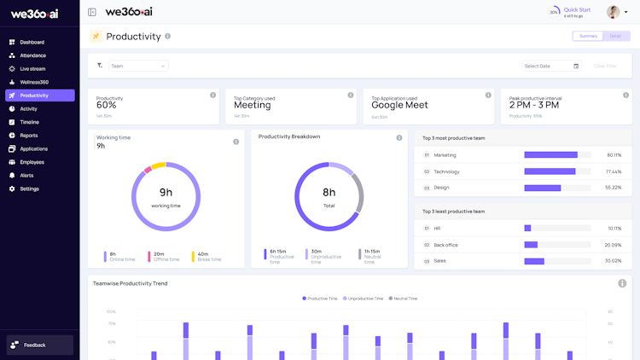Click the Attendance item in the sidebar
(x=32, y=55)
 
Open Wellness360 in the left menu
(x=34, y=82)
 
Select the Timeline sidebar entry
(x=29, y=122)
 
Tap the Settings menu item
(x=29, y=189)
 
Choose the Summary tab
(x=588, y=36)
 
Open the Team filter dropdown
(x=138, y=66)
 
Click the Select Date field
(x=551, y=66)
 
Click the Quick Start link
(x=577, y=10)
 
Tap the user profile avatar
(x=613, y=12)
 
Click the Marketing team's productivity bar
(x=550, y=155)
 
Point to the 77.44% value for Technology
(x=614, y=171)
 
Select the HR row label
(x=437, y=229)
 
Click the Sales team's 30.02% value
(x=614, y=261)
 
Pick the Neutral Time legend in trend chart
(x=403, y=299)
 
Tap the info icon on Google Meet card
(x=488, y=96)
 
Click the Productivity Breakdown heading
(x=289, y=136)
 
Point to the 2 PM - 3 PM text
(x=534, y=105)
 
